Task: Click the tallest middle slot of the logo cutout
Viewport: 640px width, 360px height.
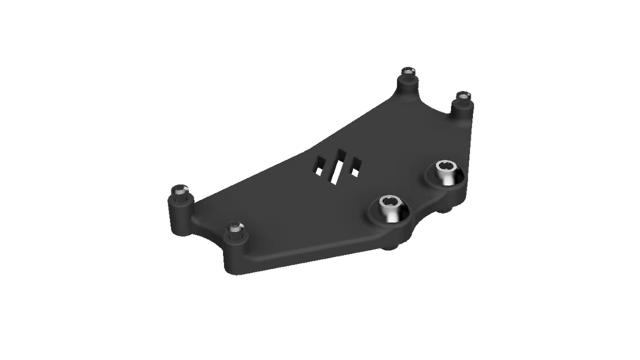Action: pos(338,164)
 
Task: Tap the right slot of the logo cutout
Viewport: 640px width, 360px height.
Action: pos(355,165)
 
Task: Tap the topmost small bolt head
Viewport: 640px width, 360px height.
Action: pos(409,71)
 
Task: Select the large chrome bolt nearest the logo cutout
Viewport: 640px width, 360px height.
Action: pos(391,208)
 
